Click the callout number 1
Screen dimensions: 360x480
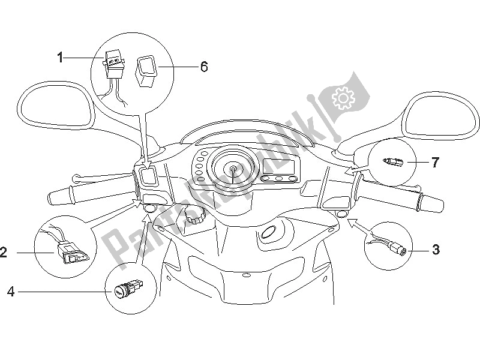(60, 58)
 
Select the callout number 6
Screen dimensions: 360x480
(187, 67)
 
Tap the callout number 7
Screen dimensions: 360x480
(436, 162)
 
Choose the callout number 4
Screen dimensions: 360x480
(11, 292)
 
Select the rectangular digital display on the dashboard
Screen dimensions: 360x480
(280, 164)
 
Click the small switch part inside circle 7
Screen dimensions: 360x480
(394, 161)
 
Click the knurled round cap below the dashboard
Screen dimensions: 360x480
(193, 215)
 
